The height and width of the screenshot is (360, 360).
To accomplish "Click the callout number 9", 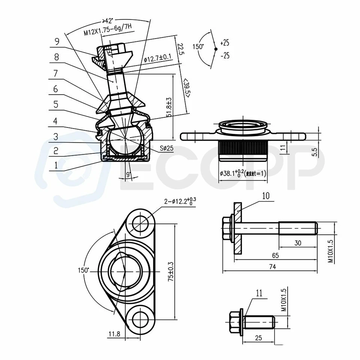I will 57,42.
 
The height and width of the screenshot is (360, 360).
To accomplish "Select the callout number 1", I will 56,164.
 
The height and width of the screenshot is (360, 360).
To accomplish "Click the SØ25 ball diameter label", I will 166,148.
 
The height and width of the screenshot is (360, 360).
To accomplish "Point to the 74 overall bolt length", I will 272,267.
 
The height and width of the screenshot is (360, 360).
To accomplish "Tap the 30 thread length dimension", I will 297,243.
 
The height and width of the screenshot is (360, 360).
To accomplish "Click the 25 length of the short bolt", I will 258,338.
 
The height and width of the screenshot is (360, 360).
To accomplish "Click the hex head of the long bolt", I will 227,229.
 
